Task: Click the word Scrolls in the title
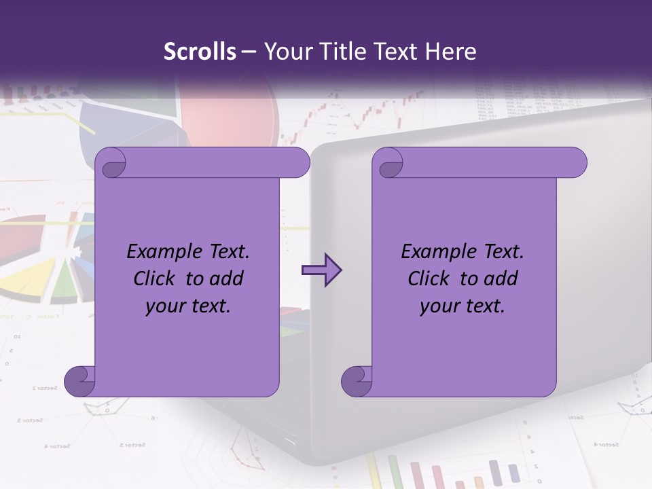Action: pyautogui.click(x=200, y=52)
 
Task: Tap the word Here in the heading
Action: pyautogui.click(x=451, y=52)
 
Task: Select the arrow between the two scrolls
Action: pyautogui.click(x=321, y=270)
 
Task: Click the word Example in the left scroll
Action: pyautogui.click(x=158, y=252)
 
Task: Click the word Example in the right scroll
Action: pyautogui.click(x=433, y=252)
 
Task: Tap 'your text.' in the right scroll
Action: pyautogui.click(x=463, y=306)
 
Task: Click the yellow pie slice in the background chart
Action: pyautogui.click(x=27, y=282)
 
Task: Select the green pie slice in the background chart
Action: pyautogui.click(x=63, y=283)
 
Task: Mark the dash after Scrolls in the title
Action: pyautogui.click(x=249, y=52)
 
